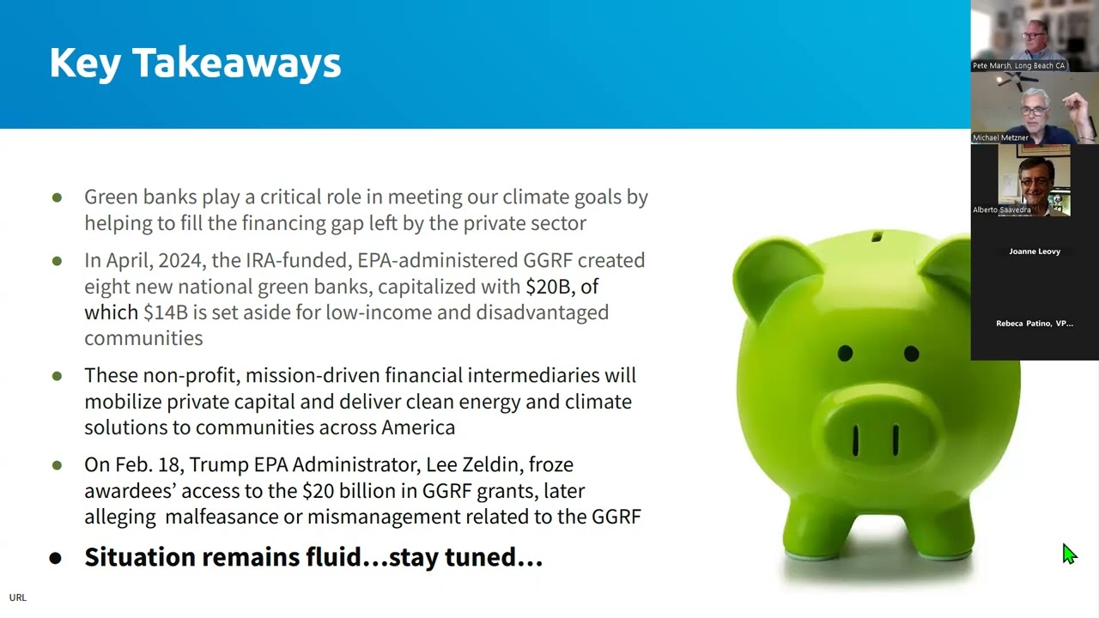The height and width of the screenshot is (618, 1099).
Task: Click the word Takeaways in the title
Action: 236,64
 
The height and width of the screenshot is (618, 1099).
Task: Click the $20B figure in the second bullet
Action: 548,287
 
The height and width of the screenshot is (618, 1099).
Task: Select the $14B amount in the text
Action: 165,312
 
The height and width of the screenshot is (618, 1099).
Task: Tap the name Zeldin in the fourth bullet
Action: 492,465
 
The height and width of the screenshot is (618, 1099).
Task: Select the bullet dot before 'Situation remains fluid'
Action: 56,559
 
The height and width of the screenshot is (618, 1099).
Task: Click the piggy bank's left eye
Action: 845,353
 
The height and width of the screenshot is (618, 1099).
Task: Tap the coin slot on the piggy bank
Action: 877,236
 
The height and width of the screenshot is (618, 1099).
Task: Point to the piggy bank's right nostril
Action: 896,439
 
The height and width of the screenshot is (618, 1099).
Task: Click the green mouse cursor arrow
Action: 1068,554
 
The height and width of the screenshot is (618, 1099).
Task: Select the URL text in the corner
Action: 17,597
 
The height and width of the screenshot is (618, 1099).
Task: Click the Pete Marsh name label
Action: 1018,66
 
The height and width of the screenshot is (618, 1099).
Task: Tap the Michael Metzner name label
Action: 1000,137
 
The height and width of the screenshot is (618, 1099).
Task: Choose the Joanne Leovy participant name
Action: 1035,251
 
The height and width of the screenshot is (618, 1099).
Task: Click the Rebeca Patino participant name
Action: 1035,324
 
